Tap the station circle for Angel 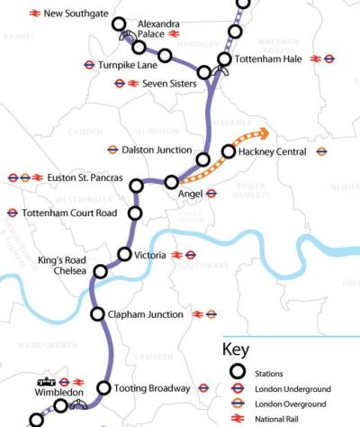tap(172, 182)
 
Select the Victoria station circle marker tap(125, 254)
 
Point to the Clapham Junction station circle tap(98, 314)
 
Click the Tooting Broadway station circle tap(104, 388)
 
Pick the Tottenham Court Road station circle tap(136, 213)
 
